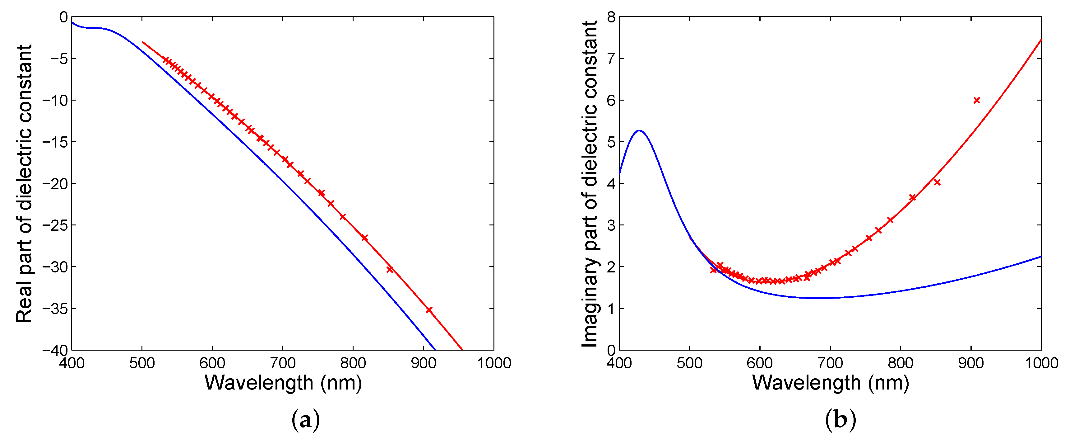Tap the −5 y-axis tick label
click(x=59, y=58)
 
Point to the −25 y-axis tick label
click(x=55, y=225)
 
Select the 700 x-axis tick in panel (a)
click(x=282, y=363)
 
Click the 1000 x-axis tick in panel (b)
click(x=1041, y=363)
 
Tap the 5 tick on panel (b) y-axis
click(x=611, y=142)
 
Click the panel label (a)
click(x=306, y=420)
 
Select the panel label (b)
click(x=840, y=420)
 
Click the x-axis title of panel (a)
click(x=283, y=383)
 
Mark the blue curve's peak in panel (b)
click(x=639, y=131)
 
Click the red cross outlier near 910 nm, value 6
click(x=976, y=100)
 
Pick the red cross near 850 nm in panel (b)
click(x=937, y=182)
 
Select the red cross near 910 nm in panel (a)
click(x=429, y=310)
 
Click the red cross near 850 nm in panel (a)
click(x=389, y=269)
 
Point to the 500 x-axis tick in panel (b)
click(x=689, y=363)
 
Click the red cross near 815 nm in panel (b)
click(x=912, y=197)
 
